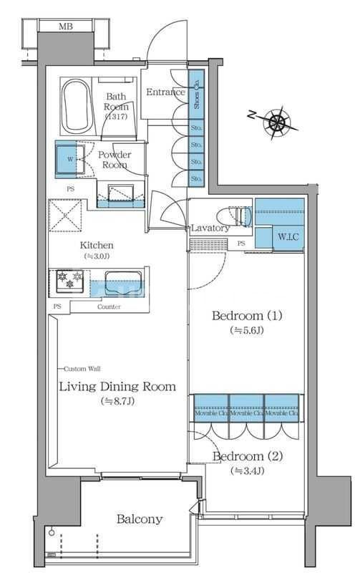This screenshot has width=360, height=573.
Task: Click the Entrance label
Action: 165,92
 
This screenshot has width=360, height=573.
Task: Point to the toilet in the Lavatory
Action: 236,216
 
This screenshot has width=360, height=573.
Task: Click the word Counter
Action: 109,307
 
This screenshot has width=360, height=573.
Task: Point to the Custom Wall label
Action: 82,368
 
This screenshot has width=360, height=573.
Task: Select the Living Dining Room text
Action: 117,387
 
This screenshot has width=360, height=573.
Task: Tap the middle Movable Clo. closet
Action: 246,413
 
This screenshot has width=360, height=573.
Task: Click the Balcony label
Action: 140,519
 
